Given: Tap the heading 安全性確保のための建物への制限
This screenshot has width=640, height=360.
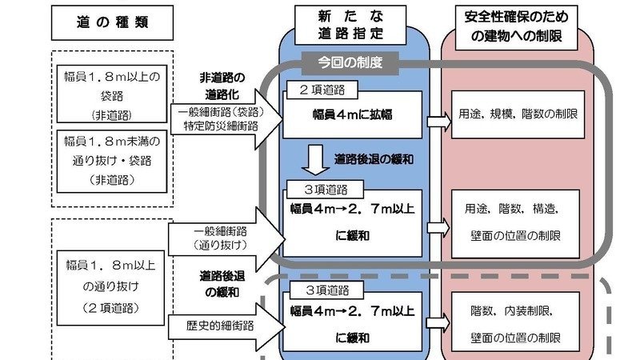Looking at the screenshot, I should (515, 26).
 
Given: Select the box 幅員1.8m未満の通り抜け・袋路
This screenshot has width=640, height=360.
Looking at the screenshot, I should (113, 159).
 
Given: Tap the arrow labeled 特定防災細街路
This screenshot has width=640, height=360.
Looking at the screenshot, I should (227, 120).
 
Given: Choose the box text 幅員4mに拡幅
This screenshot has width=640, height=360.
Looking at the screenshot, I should (352, 114).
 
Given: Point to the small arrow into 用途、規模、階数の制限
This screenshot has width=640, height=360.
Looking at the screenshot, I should (439, 120).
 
